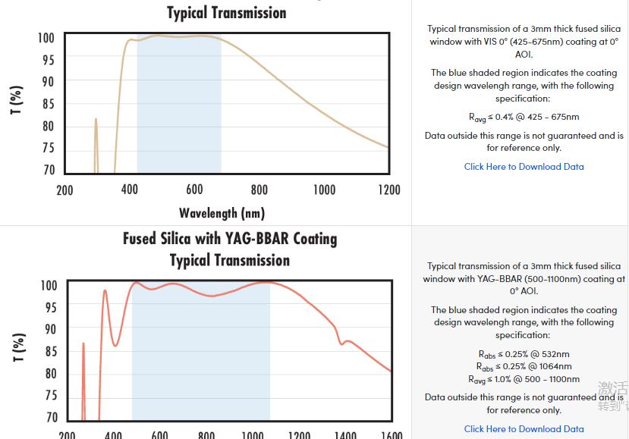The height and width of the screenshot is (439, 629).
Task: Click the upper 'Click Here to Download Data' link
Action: (524, 167)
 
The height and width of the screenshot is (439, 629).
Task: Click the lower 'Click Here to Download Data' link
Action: (524, 429)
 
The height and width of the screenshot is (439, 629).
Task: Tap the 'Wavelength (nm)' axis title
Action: (222, 213)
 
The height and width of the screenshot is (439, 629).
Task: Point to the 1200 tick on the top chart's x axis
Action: (389, 190)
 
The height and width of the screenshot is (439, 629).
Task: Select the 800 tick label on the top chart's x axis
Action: (259, 190)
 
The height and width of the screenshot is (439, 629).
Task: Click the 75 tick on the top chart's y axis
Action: (48, 149)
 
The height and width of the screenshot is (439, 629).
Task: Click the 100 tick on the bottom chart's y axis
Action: (48, 286)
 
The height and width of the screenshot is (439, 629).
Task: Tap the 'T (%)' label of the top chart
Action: (17, 100)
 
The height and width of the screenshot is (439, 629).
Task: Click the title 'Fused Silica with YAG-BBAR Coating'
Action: (230, 239)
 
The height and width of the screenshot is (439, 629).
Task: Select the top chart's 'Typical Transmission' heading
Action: (227, 13)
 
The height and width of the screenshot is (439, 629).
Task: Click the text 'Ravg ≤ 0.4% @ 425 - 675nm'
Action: (524, 118)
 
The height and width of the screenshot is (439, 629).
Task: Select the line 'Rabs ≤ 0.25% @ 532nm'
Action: (524, 354)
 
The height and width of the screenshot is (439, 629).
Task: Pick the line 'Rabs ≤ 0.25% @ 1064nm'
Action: (524, 367)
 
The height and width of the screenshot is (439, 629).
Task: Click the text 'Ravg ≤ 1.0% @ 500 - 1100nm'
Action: (524, 380)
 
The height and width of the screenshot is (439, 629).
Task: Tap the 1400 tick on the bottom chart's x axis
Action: (345, 435)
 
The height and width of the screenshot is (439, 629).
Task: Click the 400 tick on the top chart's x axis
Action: (130, 190)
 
